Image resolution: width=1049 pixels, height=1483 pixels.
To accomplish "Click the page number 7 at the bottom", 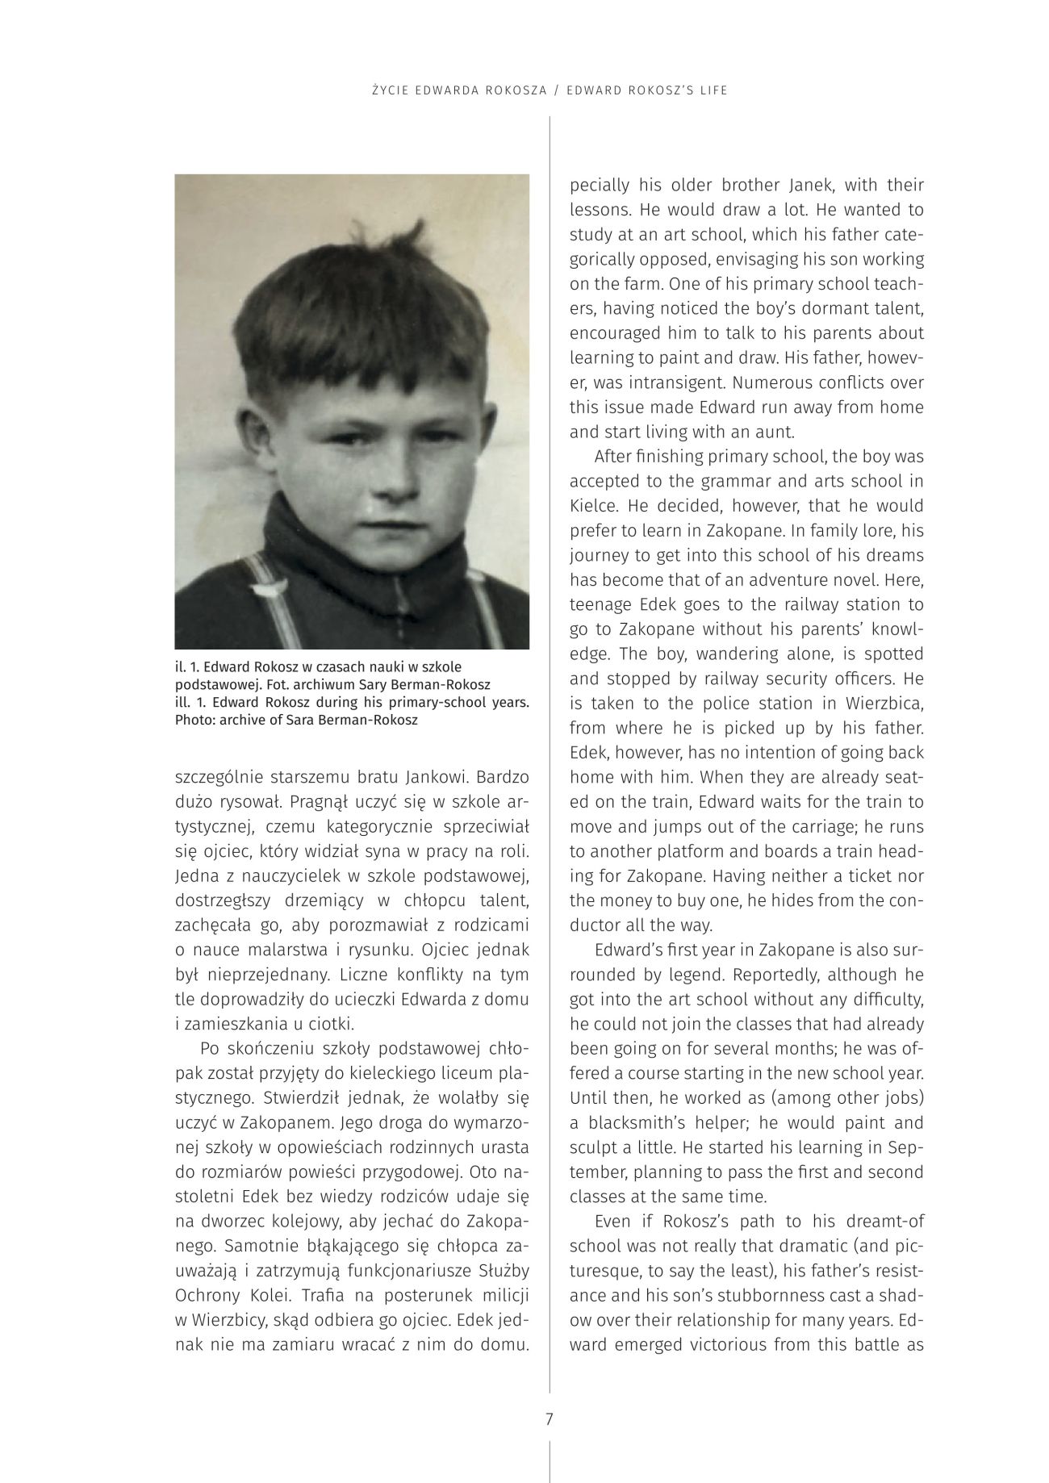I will [549, 1418].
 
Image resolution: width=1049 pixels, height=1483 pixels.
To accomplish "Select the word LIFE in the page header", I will [713, 90].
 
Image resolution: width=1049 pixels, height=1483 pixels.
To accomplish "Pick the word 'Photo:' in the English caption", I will [196, 720].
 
